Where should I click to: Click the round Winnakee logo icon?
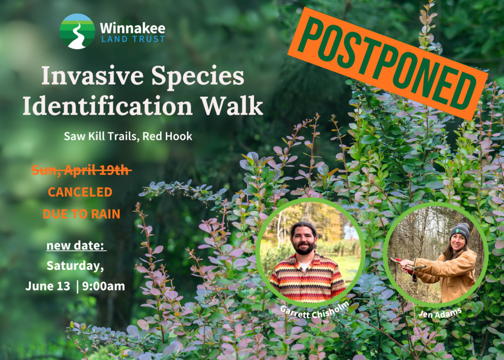[77, 31]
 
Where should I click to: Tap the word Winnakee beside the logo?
[132, 28]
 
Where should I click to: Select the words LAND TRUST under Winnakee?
[132, 39]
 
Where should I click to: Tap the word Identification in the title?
[107, 106]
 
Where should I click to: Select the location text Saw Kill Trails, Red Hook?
[128, 136]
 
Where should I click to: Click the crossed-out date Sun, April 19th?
[81, 170]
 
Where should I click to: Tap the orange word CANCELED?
[80, 192]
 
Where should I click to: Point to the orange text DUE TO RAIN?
[81, 214]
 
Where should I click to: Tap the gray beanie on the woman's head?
[461, 229]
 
